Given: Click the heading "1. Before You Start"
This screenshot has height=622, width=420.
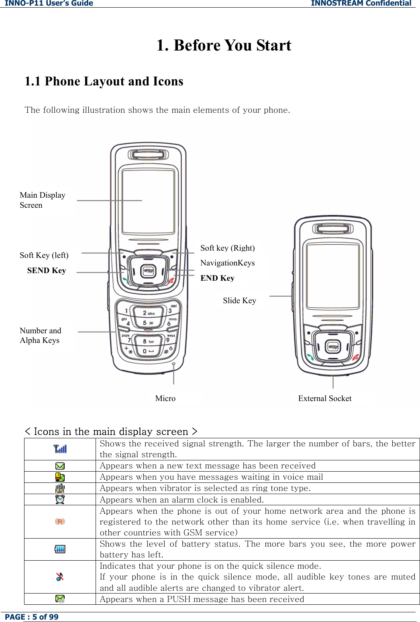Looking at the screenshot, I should (x=224, y=45).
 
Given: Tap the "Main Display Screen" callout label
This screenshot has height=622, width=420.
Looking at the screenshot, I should (x=42, y=200).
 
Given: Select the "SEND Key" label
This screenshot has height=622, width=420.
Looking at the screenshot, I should (x=47, y=271).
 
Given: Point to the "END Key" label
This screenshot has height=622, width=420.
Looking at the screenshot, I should (x=217, y=278).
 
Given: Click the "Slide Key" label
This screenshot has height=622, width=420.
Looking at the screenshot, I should (x=239, y=301).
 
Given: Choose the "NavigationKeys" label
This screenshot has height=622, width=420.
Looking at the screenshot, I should (x=227, y=263).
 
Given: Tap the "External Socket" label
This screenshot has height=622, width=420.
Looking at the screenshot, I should (x=324, y=399).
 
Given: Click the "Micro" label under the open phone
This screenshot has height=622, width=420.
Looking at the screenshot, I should (x=165, y=399).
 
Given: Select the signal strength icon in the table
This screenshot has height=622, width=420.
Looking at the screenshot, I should (x=60, y=449).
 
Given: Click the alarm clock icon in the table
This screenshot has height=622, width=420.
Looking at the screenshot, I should (x=60, y=500).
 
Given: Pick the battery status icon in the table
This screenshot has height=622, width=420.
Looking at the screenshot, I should (x=60, y=549).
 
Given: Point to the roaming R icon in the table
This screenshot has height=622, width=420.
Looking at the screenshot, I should (x=60, y=521).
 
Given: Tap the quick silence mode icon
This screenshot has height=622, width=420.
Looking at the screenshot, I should (x=60, y=577).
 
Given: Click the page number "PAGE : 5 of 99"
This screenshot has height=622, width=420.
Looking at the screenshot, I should (x=32, y=617).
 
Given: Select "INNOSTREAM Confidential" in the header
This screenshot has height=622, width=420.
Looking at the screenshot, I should (x=361, y=4).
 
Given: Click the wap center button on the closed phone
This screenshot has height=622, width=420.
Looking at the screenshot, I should (x=333, y=346).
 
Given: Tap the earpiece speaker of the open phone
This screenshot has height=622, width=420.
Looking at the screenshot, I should (x=148, y=154).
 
